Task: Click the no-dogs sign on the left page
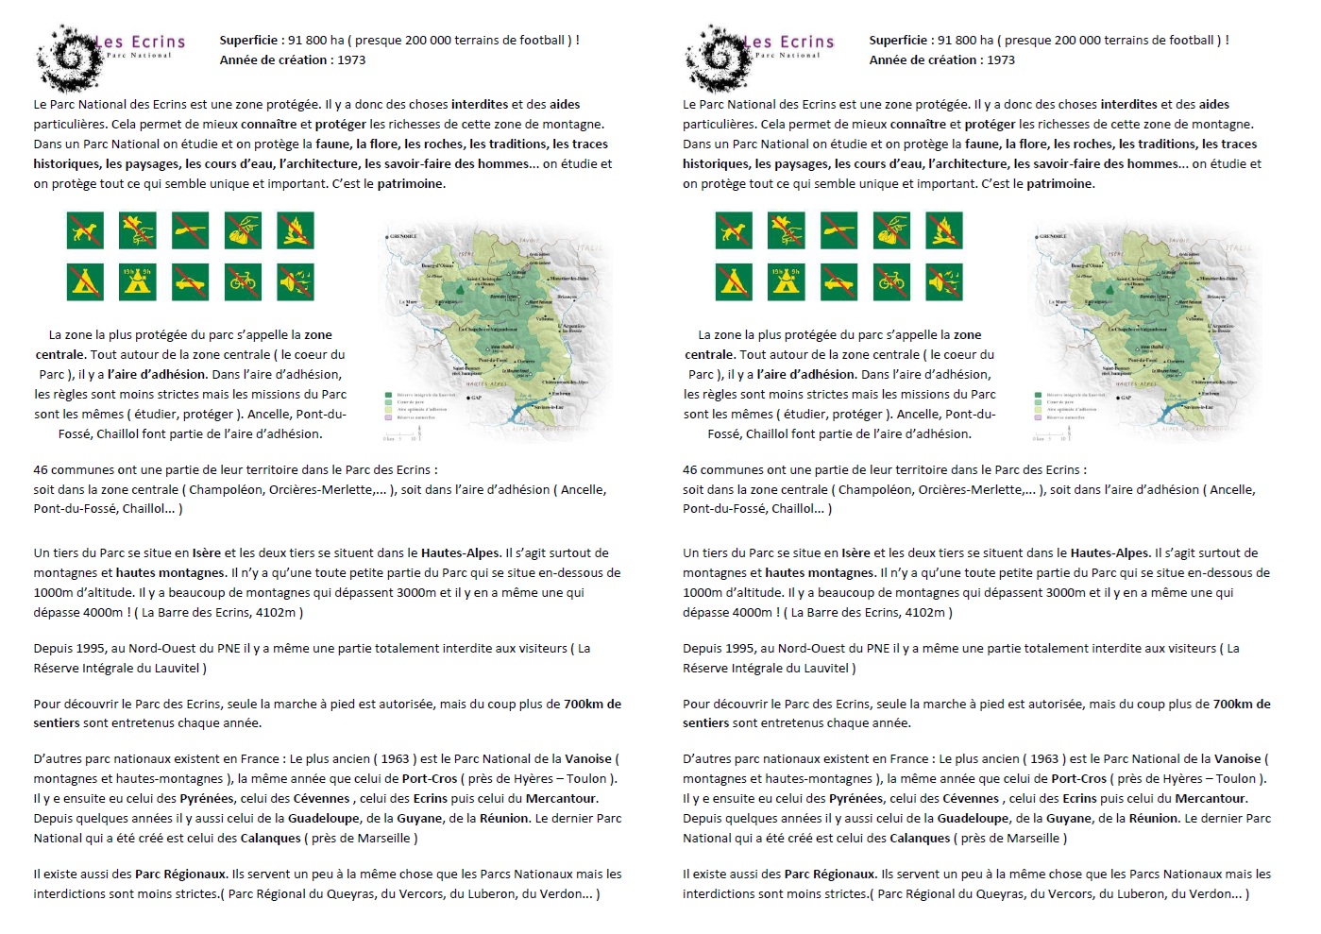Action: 85,229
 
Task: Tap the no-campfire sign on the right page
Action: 945,229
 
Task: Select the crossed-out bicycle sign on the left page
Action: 243,281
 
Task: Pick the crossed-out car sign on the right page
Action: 839,281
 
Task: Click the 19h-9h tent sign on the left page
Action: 138,281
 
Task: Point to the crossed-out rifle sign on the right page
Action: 839,229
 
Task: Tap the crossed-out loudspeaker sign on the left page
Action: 296,281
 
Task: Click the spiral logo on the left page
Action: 66,57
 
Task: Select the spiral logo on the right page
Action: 716,57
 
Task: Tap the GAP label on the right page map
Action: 1126,398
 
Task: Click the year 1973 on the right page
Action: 1001,59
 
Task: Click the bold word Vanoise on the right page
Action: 1237,758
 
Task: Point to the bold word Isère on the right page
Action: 855,552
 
